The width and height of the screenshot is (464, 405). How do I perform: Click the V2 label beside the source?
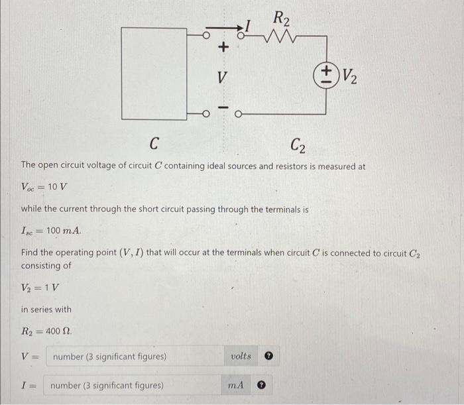351,78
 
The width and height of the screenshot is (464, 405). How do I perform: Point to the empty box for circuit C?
154,72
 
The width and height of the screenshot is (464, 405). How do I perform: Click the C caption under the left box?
154,143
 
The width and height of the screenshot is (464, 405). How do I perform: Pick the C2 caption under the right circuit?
298,144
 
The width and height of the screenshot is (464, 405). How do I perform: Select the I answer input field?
133,385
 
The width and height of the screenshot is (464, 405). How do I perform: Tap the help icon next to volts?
269,357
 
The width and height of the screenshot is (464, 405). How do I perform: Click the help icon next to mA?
262,385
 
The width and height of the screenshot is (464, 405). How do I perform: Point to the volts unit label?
241,357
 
